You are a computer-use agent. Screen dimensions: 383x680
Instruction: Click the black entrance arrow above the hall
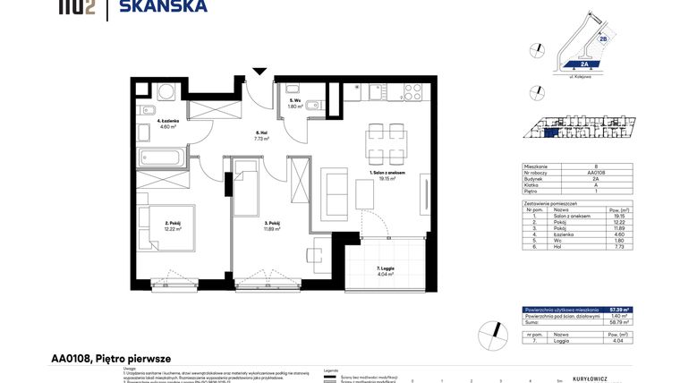(x=259, y=72)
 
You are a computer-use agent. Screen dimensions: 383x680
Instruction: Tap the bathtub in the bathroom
(x=163, y=158)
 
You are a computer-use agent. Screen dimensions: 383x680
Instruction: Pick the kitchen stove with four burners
(x=413, y=90)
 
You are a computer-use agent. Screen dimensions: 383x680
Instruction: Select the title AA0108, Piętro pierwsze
(x=110, y=358)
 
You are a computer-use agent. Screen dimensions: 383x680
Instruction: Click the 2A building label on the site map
(x=582, y=64)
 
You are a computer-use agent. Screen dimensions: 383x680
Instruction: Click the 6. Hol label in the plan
(x=260, y=134)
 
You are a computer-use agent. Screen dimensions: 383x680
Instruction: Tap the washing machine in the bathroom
(x=166, y=92)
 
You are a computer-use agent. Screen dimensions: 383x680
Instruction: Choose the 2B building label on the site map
(x=603, y=39)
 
